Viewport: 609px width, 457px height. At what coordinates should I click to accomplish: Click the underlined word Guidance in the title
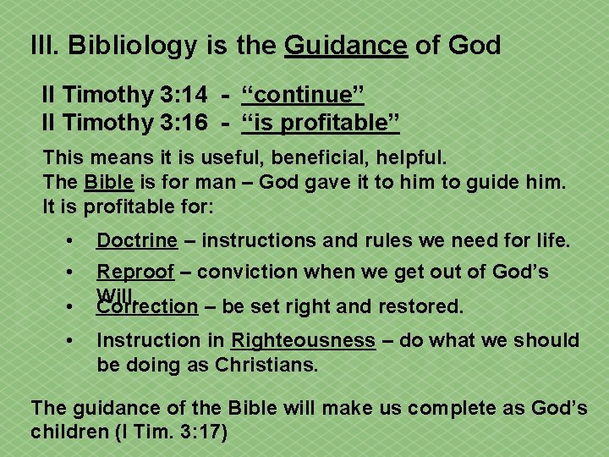346,45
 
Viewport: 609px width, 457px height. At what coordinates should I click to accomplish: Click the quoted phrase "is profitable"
321,122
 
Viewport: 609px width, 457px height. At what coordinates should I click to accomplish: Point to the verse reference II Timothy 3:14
124,94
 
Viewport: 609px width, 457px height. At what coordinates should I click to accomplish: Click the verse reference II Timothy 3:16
124,122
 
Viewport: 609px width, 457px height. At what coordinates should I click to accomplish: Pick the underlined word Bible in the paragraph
107,182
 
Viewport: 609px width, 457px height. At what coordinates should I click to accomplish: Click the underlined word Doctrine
137,240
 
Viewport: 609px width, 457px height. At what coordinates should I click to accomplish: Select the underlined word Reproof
135,272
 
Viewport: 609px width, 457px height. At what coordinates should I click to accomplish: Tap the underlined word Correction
146,306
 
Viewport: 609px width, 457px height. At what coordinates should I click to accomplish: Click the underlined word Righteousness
303,340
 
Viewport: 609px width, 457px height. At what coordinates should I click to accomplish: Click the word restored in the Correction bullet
424,306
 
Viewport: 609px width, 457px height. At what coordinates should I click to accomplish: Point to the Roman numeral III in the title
42,45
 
